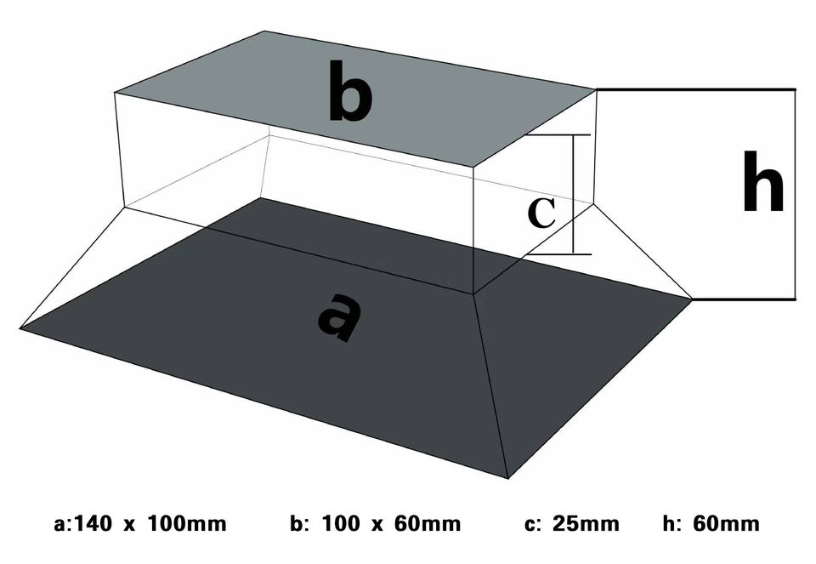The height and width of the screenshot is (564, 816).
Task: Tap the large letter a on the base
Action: pos(338,316)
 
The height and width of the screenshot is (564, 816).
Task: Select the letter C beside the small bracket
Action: pos(541,212)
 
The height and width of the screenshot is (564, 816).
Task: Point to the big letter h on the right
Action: pos(762,182)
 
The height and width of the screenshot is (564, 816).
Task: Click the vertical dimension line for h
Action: pos(796,194)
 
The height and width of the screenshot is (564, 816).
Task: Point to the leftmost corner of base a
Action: pos(20,327)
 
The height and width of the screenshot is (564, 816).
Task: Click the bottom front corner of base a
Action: pos(507,477)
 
